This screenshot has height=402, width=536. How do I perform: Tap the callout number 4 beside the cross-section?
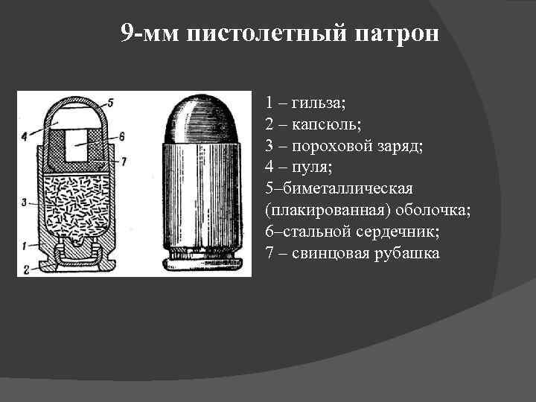click(x=25, y=135)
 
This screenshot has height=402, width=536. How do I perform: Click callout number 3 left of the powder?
click(x=25, y=202)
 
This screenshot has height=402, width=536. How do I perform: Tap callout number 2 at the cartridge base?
click(x=25, y=268)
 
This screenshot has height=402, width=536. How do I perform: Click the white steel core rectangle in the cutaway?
click(x=77, y=144)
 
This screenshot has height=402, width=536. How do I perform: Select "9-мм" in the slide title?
click(x=150, y=34)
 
